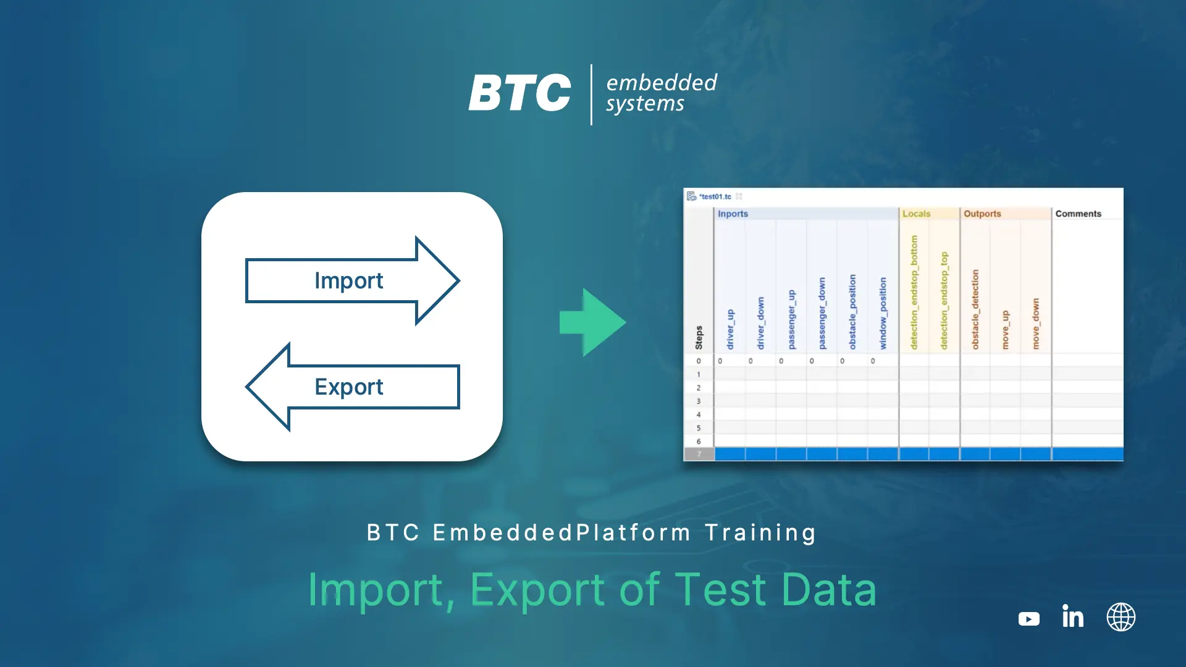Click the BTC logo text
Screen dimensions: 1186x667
(519, 93)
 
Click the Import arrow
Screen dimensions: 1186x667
(352, 281)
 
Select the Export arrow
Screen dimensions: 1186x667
(352, 387)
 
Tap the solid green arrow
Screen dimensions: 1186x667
(592, 322)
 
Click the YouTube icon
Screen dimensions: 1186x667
(1029, 618)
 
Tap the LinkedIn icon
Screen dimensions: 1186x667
(1073, 616)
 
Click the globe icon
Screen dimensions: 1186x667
(1121, 617)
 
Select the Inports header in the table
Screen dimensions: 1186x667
(733, 214)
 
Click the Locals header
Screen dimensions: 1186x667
(916, 214)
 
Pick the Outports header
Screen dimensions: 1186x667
(982, 214)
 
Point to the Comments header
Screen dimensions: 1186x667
(1078, 214)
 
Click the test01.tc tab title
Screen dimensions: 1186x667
(715, 196)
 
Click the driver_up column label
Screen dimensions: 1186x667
(730, 330)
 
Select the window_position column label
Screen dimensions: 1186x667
(883, 313)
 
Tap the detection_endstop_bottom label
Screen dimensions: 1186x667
(914, 292)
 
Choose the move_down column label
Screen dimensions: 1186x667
(1036, 324)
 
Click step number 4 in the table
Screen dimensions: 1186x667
(699, 414)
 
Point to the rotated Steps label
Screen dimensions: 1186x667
(699, 338)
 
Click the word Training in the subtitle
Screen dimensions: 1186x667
(761, 533)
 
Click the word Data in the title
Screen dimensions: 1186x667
(829, 590)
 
